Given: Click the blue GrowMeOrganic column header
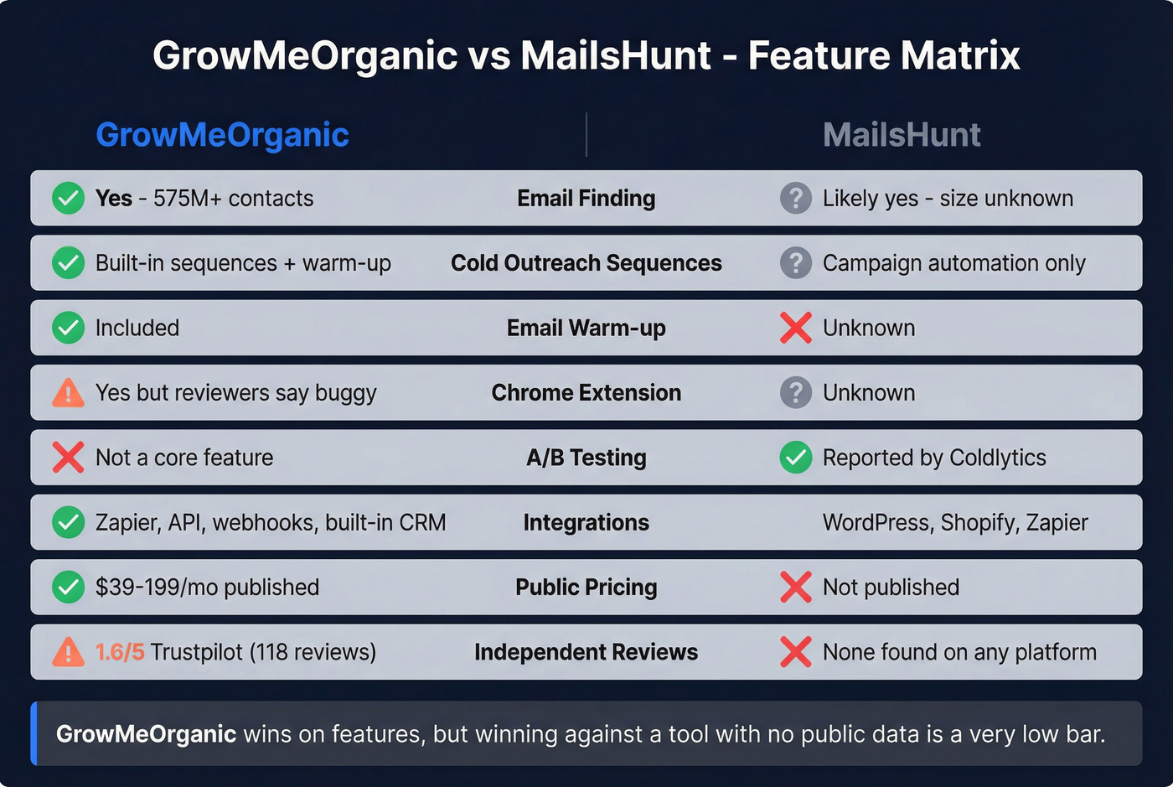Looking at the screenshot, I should pos(222,135).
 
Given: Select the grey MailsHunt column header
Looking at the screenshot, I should pos(902,135).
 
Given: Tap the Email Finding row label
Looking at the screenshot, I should pos(586,199).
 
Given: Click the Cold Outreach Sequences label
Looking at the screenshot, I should pos(586,263).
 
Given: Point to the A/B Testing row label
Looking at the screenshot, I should pos(586,458).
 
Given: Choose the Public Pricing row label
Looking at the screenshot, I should pos(586,588).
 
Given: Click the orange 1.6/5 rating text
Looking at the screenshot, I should pos(120,652).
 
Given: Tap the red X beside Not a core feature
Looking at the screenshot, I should pos(68,458).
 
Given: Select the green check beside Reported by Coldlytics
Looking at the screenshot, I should pos(795,458).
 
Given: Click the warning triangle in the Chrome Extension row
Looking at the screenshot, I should pos(68,393).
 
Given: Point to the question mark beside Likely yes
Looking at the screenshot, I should pos(795,199).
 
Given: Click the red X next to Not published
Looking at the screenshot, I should pos(795,588).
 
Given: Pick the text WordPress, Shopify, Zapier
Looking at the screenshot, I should pos(955,523).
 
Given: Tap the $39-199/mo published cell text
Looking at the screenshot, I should pos(207,588).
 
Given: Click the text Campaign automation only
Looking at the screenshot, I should pos(953,263).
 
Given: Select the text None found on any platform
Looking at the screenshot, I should pos(959,652).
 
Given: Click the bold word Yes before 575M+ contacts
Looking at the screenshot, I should pos(114,199).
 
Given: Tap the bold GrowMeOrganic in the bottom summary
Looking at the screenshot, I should pos(146,734).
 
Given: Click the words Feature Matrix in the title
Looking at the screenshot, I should pos(884,56).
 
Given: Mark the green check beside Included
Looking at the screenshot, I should pos(68,328).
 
